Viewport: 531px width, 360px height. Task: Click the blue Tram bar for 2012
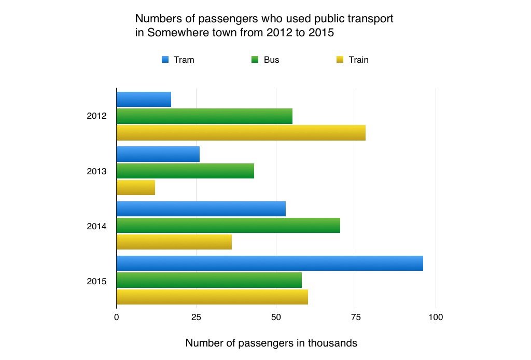144,99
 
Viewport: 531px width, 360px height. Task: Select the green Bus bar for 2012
204,116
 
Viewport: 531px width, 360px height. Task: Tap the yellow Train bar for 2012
241,133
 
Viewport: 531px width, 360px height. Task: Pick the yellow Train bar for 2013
135,187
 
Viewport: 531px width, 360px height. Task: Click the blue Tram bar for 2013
158,154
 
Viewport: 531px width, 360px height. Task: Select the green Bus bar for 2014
228,226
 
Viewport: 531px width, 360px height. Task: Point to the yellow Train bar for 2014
174,242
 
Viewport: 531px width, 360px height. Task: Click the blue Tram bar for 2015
270,263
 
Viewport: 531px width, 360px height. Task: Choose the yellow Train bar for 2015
212,297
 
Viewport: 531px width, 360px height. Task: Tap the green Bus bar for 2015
209,280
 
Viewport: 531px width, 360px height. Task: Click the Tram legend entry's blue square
165,60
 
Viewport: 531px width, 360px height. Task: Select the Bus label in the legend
271,60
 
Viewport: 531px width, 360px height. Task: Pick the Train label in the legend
358,60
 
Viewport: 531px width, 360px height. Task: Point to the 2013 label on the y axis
96,171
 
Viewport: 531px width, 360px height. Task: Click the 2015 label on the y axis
96,282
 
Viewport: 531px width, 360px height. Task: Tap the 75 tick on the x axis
356,317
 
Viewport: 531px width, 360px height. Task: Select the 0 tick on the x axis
117,317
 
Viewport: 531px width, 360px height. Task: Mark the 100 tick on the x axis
436,317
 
